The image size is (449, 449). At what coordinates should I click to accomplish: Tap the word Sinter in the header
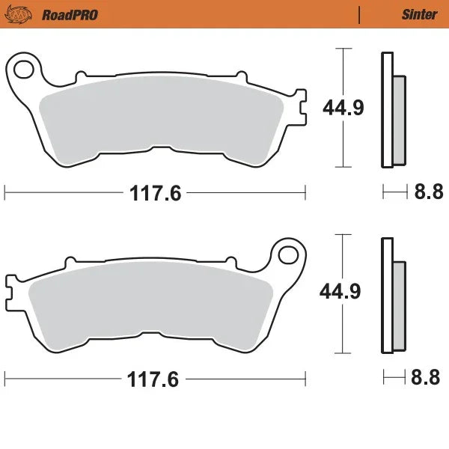point(416,13)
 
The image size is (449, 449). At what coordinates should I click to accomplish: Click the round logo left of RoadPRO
point(25,13)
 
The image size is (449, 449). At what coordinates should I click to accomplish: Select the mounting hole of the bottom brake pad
point(286,254)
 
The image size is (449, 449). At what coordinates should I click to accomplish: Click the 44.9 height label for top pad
point(343,108)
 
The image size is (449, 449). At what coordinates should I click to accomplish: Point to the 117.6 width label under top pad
point(156,194)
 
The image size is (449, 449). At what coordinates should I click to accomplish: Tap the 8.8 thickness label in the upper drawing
point(429,193)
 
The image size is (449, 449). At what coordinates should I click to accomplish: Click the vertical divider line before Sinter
point(361,13)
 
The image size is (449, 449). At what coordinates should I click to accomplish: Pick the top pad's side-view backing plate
point(386,111)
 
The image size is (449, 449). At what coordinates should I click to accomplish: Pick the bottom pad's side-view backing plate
point(386,296)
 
